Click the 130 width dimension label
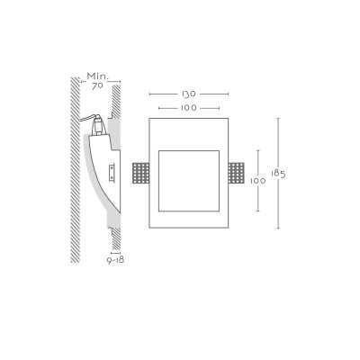[189, 94]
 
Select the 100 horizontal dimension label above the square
[189, 108]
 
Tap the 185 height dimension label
[278, 174]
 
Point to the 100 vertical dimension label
[258, 181]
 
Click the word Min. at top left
[97, 76]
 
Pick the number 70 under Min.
[97, 86]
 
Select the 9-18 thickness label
[115, 260]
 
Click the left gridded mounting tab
[140, 173]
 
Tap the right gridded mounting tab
[236, 173]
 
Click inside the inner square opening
[189, 181]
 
